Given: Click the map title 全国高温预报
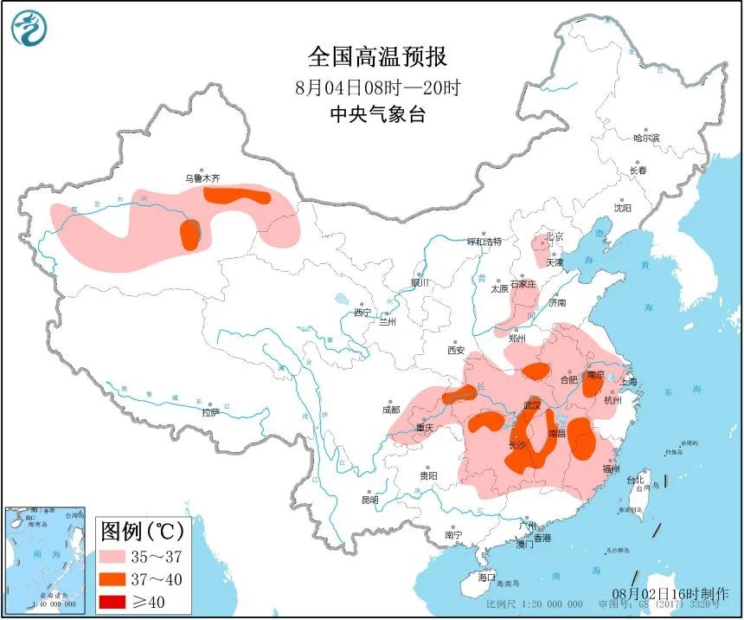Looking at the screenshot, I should pyautogui.click(x=378, y=57).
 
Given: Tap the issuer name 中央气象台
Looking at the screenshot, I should pyautogui.click(x=378, y=114).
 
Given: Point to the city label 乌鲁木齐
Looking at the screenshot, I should pyautogui.click(x=202, y=178).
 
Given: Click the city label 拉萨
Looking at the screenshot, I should pyautogui.click(x=210, y=413).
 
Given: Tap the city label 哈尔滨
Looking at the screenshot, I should pyautogui.click(x=645, y=138).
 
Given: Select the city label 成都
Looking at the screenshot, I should pyautogui.click(x=389, y=410).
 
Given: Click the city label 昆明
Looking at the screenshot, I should pyautogui.click(x=370, y=500).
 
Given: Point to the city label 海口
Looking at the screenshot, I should pyautogui.click(x=487, y=577).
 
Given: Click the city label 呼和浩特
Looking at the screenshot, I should pyautogui.click(x=484, y=242).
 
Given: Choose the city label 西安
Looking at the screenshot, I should pyautogui.click(x=456, y=351).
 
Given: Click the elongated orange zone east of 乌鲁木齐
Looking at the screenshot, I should pyautogui.click(x=237, y=195).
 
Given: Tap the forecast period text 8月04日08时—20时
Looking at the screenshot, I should pyautogui.click(x=377, y=87).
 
